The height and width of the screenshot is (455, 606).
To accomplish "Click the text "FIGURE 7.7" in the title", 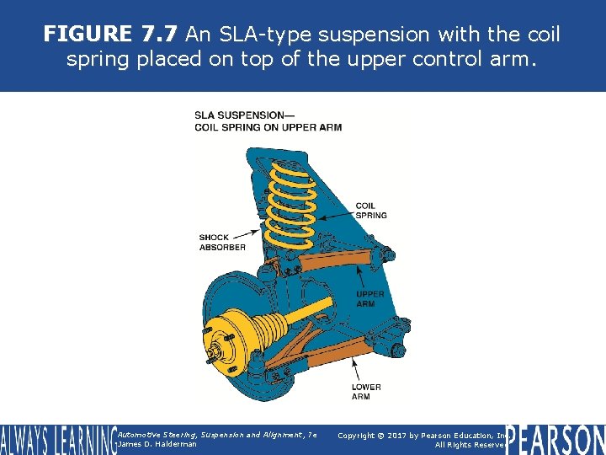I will point(110,35).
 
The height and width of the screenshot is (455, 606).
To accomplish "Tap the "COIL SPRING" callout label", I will point(371,210).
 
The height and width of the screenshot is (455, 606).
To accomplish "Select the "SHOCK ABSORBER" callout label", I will point(222,242).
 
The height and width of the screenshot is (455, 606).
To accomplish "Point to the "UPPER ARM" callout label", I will point(370,298).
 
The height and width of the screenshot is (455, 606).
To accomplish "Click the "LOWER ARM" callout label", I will point(366,392).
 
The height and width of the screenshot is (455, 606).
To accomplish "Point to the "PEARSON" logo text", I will point(555,440).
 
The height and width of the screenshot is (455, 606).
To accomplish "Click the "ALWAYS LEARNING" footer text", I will point(57,440).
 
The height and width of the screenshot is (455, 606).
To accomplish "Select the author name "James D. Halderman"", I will point(157,444).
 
